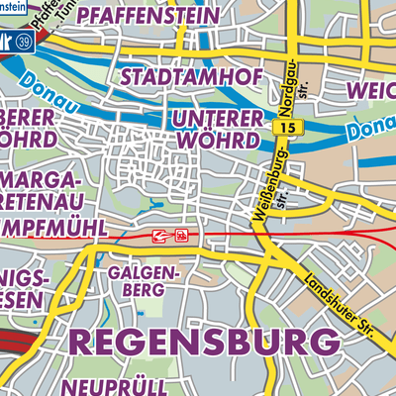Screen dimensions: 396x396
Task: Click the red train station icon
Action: coord(159,236)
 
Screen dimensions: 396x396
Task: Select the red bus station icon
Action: coord(181,236)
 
